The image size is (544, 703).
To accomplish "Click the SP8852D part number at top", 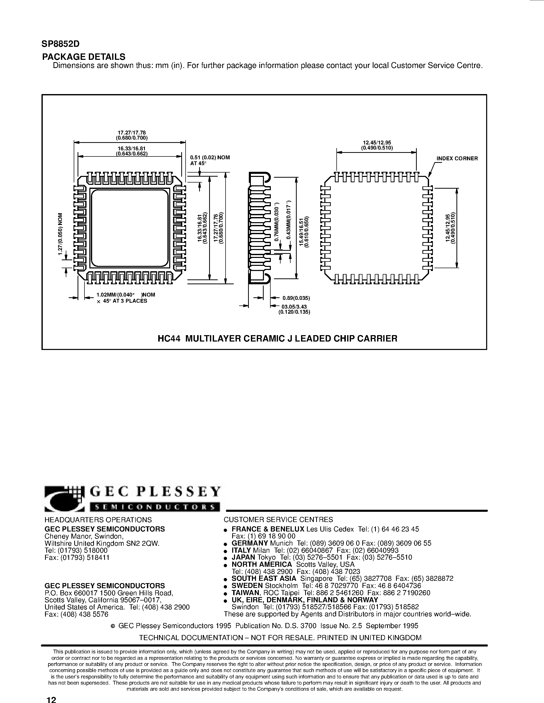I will tap(61, 44).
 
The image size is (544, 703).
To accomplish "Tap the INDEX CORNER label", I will tap(457, 158).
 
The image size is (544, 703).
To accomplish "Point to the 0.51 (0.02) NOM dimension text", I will tap(210, 157).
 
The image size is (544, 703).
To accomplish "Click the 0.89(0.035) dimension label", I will tap(296, 298).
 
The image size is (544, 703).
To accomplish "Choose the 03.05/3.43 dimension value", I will tap(294, 307).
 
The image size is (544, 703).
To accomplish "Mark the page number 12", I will tap(51, 698).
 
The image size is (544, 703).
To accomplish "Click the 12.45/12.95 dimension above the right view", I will tap(376, 143).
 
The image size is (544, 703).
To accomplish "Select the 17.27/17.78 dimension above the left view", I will tap(132, 133).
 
